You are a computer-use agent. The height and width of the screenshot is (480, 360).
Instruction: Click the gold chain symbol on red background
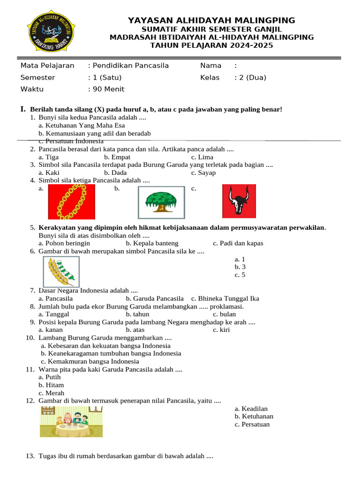[72, 202]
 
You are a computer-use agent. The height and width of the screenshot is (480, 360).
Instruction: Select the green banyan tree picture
[161, 202]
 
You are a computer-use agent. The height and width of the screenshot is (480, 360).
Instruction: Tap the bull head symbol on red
[239, 201]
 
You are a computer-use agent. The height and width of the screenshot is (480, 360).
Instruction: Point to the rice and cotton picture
[61, 272]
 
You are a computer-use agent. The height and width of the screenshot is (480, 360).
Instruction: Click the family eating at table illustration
[71, 422]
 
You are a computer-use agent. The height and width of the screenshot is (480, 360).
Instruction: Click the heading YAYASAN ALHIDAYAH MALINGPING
[211, 20]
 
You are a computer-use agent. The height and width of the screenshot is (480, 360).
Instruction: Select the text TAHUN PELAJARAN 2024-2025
[211, 45]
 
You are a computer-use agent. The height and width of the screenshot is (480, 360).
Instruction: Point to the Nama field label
[211, 66]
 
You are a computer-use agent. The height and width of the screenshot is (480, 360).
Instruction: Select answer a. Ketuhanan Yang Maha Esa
[82, 126]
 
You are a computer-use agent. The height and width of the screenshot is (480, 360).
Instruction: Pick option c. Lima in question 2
[202, 157]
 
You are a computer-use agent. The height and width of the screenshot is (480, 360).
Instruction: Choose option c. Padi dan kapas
[238, 243]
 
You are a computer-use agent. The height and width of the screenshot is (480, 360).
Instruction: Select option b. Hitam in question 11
[51, 385]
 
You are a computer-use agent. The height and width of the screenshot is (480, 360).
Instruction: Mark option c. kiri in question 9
[221, 330]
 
